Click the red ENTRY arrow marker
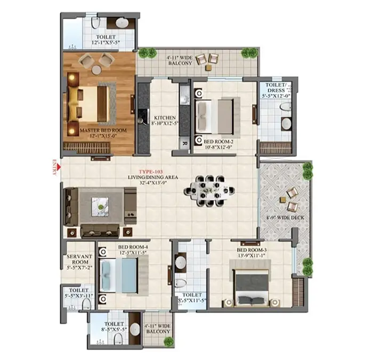[59, 167]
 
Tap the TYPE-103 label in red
[151, 172]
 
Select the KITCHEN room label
[165, 118]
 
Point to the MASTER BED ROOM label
[103, 131]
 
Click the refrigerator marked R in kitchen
[184, 143]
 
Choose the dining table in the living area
[209, 191]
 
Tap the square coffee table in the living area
[100, 207]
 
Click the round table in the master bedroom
[96, 70]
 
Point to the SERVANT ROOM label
[79, 259]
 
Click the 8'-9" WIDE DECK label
[285, 218]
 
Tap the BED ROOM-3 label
[252, 250]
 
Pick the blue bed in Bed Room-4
[118, 276]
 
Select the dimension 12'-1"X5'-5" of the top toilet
[106, 43]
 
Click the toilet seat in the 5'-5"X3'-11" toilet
[86, 304]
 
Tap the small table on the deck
[283, 199]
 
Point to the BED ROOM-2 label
[218, 142]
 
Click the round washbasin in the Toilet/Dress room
[286, 124]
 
